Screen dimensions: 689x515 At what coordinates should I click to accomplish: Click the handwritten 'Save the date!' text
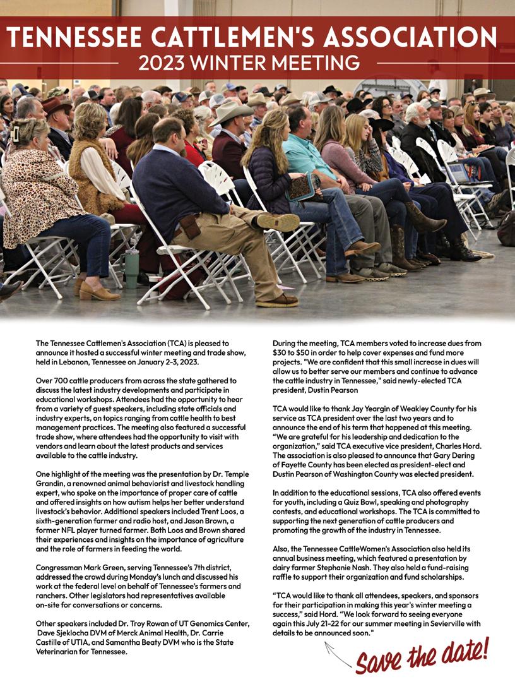click(421, 656)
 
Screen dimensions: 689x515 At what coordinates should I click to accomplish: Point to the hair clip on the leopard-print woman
click(15, 133)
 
